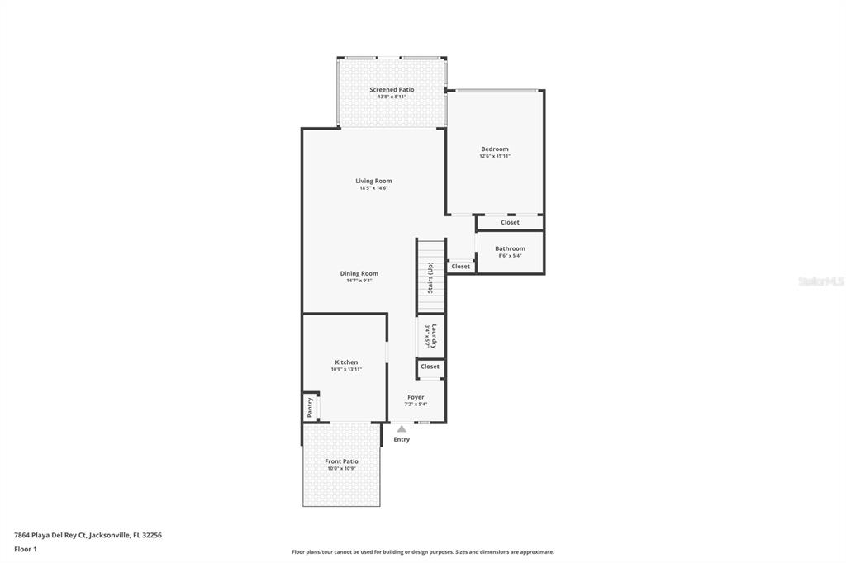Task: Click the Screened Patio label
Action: coord(392,89)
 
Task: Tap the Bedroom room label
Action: coord(495,149)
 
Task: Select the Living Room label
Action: coord(373,181)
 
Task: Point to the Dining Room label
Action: coord(359,273)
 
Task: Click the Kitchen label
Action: coord(346,362)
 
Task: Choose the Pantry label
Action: coord(310,407)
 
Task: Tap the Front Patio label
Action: coord(341,461)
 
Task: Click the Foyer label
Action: coord(416,397)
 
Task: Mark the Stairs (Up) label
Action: coord(430,277)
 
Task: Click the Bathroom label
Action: coord(510,248)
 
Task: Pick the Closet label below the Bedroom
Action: coord(510,222)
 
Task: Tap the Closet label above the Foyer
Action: coord(430,367)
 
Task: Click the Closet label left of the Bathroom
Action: coord(460,266)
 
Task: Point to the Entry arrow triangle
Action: coord(402,428)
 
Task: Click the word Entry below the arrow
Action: coord(402,439)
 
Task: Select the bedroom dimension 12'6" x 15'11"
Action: coord(495,156)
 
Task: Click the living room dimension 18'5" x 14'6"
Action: coord(373,188)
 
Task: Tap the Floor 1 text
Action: coord(26,549)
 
